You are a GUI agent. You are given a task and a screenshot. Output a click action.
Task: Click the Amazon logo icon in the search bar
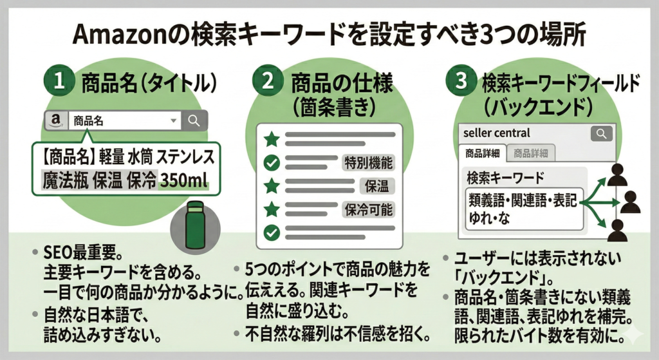[55, 120]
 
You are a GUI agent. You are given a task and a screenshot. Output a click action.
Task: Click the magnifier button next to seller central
[602, 133]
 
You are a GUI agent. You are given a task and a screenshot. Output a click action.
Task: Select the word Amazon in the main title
[122, 34]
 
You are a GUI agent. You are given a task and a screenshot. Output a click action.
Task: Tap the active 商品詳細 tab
[483, 153]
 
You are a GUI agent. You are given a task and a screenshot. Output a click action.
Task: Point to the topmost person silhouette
[618, 174]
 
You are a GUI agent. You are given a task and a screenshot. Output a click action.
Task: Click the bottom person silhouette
[618, 229]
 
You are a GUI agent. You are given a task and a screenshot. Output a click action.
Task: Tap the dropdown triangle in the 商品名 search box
[172, 120]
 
